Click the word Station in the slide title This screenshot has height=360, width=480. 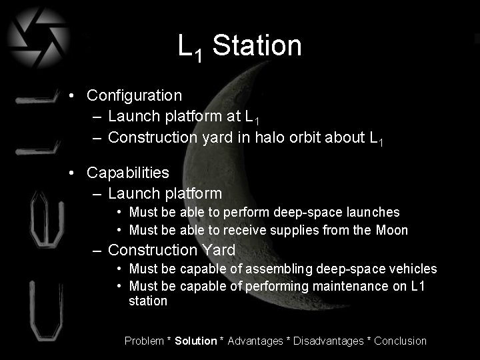(x=257, y=46)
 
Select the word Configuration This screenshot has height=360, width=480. (x=134, y=95)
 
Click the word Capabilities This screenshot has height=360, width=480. (x=128, y=173)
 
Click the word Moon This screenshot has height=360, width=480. (x=392, y=231)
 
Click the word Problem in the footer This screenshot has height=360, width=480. (x=144, y=341)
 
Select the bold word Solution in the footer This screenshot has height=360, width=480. (x=196, y=341)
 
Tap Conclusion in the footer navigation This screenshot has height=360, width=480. (x=400, y=341)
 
